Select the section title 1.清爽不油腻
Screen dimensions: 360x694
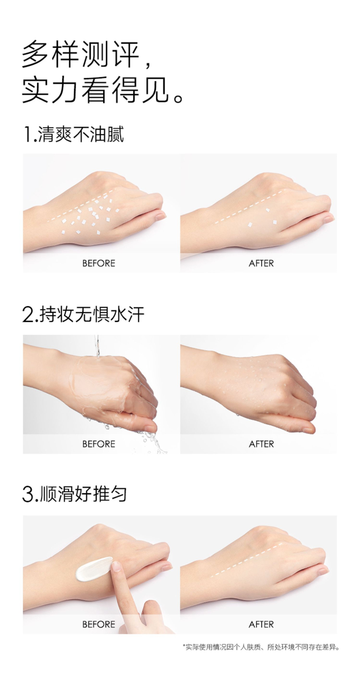pos(73,134)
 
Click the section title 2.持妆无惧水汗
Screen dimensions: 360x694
pos(83,315)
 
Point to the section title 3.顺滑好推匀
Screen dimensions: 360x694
pos(75,494)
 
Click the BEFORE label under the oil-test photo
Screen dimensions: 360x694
pos(99,264)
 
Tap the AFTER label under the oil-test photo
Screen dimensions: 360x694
pos(261,264)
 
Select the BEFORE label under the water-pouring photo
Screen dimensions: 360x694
pos(99,444)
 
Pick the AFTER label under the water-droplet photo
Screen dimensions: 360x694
pos(261,444)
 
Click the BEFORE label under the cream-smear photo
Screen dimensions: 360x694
pos(99,624)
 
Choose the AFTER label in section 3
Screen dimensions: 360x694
pos(261,624)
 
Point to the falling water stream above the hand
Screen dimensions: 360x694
pos(97,347)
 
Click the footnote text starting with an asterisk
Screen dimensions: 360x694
pos(261,647)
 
